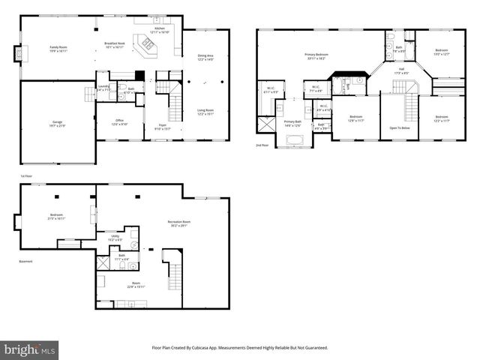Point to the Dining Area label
point(205,58)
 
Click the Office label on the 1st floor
point(119,121)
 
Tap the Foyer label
point(162,127)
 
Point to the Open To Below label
point(399,127)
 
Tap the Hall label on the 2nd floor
point(401,71)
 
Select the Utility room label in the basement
point(115,238)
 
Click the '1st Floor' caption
point(26,177)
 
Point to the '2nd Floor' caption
point(262,145)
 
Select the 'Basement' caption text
point(26,261)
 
